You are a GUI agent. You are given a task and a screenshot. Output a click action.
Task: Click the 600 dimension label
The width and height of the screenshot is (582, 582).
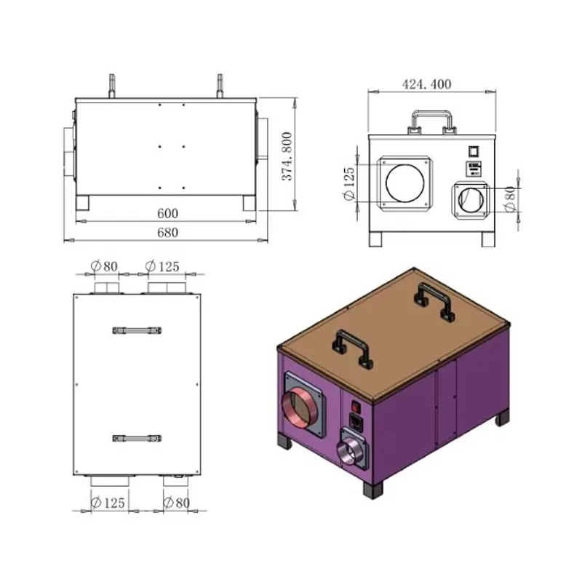tap(167, 213)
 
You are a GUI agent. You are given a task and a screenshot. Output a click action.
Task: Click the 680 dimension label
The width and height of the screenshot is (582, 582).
tap(167, 233)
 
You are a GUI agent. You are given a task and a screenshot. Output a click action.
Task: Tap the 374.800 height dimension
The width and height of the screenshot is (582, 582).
tap(287, 156)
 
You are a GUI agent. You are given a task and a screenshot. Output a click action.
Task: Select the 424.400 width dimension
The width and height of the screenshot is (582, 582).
tap(427, 84)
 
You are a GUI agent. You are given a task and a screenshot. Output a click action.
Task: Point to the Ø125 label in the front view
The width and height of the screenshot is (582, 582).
tap(349, 184)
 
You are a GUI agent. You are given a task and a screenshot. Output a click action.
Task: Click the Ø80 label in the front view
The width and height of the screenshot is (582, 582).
tap(511, 199)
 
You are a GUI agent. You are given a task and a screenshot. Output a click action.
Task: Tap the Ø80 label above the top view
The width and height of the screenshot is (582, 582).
tap(104, 266)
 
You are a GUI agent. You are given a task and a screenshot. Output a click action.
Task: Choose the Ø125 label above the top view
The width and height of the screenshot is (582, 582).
tap(162, 266)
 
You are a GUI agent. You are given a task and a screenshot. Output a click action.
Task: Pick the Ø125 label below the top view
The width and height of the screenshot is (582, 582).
tap(108, 503)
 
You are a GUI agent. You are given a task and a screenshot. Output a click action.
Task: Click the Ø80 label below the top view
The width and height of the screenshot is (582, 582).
tap(177, 503)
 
